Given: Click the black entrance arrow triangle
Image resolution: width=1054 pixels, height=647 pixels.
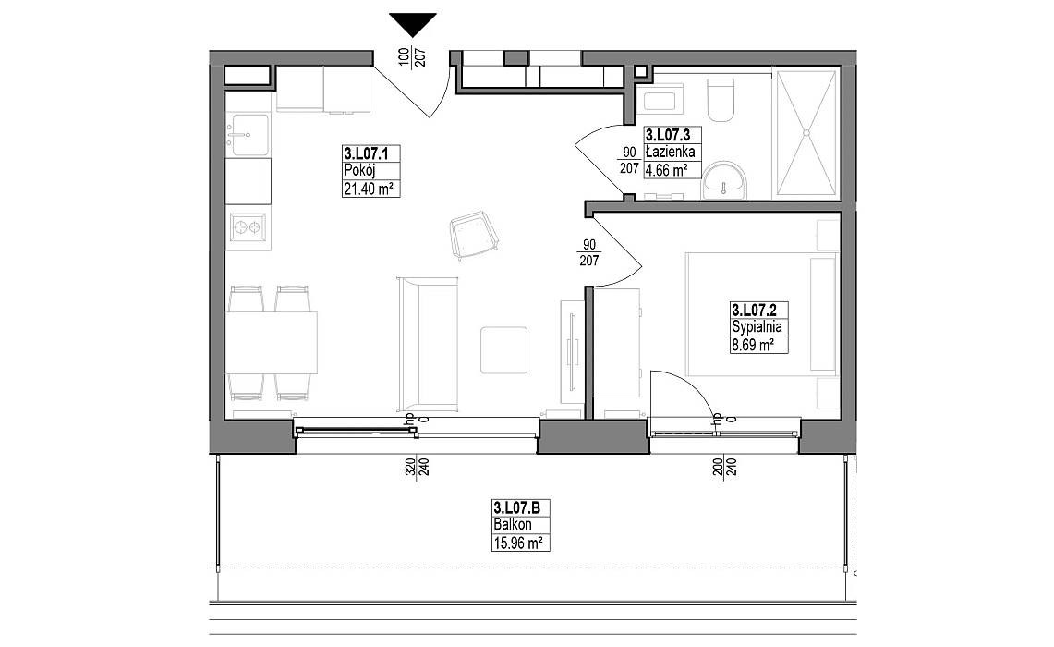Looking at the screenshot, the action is click(x=413, y=23).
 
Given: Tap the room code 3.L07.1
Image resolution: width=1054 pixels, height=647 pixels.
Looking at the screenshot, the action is click(x=361, y=152).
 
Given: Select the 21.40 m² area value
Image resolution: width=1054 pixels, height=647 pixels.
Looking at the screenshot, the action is click(x=368, y=189).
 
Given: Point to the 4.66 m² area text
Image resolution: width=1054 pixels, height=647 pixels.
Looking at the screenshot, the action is click(x=666, y=170).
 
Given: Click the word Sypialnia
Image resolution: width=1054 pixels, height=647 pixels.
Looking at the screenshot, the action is click(x=757, y=327).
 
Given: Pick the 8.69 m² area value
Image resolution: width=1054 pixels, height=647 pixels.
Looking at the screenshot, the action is click(x=750, y=346).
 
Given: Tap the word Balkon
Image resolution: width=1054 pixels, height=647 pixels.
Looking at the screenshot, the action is click(x=512, y=525).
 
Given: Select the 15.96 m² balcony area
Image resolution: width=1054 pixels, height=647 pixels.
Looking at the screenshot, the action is click(x=517, y=542).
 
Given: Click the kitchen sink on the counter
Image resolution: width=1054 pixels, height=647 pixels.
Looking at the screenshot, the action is click(x=248, y=135).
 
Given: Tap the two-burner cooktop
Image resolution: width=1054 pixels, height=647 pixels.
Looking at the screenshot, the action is click(x=248, y=227).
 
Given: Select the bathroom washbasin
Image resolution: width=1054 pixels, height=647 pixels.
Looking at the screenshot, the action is click(x=724, y=180).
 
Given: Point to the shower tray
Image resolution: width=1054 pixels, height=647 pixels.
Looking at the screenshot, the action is click(x=806, y=133).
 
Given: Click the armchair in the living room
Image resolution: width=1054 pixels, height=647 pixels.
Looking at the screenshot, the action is click(x=474, y=235).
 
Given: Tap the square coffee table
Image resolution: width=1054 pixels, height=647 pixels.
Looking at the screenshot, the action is click(x=503, y=349).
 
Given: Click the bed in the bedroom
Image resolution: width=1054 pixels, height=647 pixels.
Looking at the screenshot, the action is click(x=761, y=313).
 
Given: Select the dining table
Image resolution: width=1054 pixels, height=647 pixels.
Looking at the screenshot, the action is click(x=271, y=342).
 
